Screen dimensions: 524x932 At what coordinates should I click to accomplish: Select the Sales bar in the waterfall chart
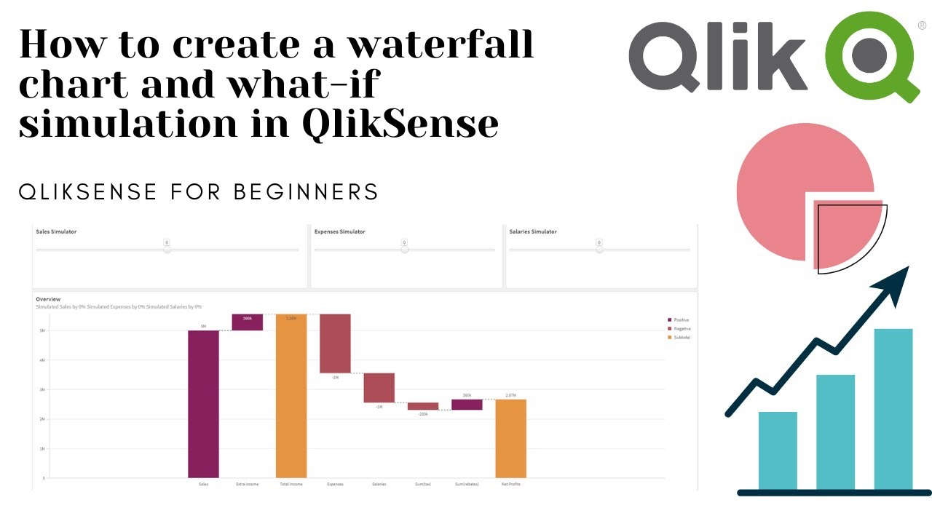[203, 404]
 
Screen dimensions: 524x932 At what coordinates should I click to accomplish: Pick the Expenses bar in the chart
[335, 344]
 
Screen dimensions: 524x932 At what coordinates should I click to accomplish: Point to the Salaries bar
[379, 388]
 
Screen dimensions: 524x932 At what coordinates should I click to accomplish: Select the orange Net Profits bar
[511, 438]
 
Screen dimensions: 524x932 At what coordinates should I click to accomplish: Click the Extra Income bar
[248, 322]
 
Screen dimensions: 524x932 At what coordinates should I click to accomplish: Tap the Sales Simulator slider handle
[167, 250]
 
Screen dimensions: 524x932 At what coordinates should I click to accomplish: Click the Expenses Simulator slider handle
[405, 250]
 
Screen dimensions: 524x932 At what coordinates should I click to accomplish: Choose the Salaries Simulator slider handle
[599, 250]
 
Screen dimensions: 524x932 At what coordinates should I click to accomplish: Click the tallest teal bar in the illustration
[893, 409]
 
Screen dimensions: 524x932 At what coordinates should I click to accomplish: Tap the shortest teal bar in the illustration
[778, 450]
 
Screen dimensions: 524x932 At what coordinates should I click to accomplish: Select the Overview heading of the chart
[48, 299]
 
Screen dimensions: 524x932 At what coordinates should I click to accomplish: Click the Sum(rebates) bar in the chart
[467, 405]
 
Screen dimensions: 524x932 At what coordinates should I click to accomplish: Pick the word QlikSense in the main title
[400, 124]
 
